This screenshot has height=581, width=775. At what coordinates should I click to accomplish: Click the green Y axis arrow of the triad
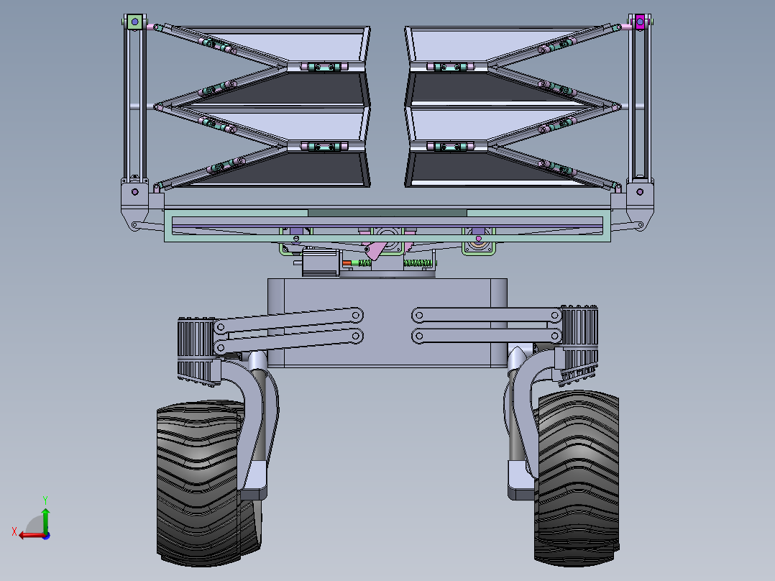pos(45,516)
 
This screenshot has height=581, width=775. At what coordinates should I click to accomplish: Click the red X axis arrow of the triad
pos(28,534)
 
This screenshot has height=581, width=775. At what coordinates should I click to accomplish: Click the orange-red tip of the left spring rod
pos(347,263)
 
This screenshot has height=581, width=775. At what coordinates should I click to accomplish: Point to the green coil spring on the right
pos(416,264)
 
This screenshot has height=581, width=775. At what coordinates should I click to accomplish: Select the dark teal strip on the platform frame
pos(387,213)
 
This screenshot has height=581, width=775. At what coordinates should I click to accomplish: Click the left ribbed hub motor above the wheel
pos(196,349)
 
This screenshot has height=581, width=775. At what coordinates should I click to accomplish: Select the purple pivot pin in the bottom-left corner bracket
pos(135,192)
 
